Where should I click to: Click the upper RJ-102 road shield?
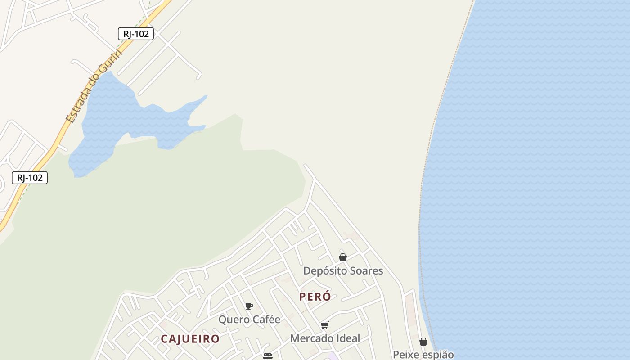136,34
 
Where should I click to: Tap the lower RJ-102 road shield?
30,178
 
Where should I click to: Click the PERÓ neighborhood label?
315,297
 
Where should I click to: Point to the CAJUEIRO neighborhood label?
190,339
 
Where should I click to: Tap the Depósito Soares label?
343,270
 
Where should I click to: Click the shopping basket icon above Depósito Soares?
343,257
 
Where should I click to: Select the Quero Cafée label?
249,319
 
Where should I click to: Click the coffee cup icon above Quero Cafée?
249,306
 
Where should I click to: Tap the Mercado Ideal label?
325,338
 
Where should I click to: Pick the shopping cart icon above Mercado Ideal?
325,325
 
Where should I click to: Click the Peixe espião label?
423,354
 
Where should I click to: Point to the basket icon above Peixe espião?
423,342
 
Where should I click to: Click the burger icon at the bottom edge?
268,356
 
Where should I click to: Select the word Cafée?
265,319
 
